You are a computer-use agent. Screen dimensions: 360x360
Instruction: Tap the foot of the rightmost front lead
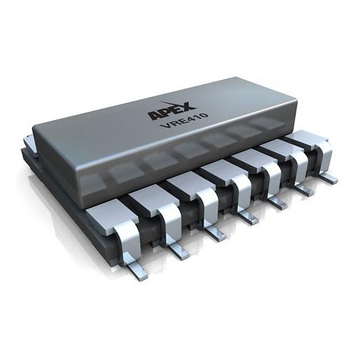click(328, 177)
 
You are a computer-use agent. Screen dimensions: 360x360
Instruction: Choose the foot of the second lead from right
click(304, 189)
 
